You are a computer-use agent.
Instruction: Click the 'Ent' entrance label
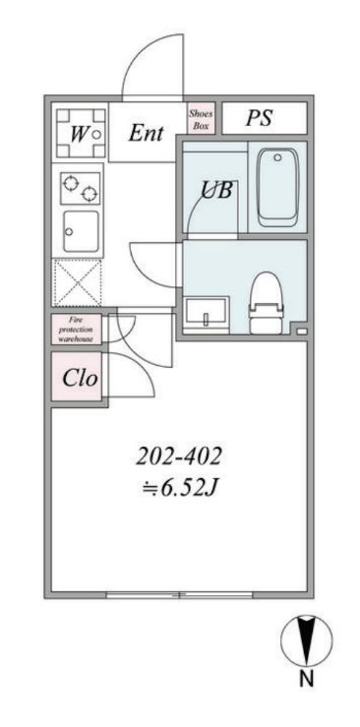(146, 134)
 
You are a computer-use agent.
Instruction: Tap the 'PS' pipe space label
(259, 119)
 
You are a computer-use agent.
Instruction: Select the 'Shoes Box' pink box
(200, 120)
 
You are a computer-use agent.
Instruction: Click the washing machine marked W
(79, 133)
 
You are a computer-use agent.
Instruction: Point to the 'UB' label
(216, 190)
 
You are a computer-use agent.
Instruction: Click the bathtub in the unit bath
(276, 186)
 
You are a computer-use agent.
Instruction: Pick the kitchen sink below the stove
(80, 232)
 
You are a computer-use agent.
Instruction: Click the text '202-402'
(178, 455)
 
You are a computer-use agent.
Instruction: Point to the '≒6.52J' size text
(178, 487)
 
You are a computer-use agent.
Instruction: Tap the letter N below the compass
(306, 680)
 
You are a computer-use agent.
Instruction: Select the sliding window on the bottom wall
(179, 594)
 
